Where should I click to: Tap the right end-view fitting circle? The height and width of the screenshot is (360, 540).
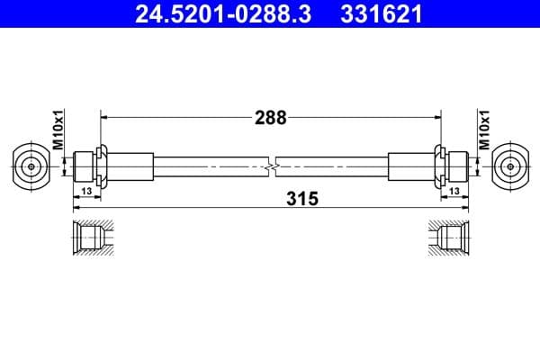point(510,166)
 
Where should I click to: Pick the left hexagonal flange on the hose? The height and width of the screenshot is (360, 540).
point(101,166)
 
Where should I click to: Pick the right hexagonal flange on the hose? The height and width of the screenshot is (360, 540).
point(439,166)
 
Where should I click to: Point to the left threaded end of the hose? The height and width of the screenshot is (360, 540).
point(84,166)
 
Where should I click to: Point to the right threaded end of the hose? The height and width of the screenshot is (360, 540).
point(457,166)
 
